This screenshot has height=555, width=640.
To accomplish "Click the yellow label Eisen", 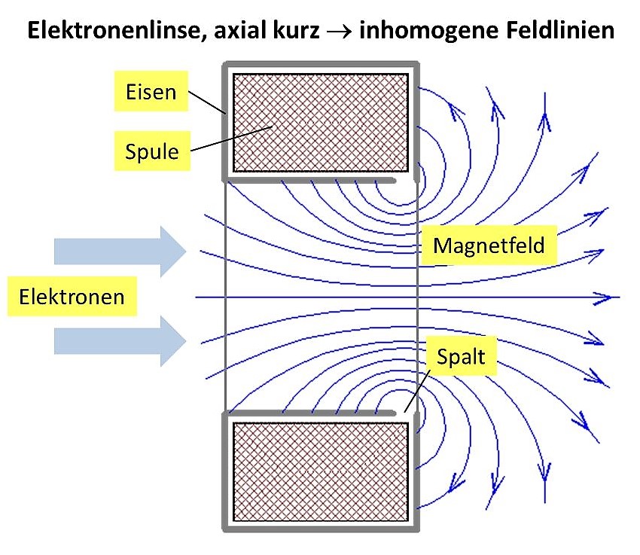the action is (151, 91).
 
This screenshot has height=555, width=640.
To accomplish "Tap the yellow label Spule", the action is (152, 151).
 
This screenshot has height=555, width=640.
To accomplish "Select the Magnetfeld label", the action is (489, 245).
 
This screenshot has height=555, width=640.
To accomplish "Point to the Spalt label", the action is (462, 356).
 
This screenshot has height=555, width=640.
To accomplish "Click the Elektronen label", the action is (72, 296).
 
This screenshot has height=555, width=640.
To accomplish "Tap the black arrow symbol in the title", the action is (339, 32).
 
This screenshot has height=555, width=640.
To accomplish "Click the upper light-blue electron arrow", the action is (120, 252).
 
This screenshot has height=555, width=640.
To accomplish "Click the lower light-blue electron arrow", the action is (120, 340).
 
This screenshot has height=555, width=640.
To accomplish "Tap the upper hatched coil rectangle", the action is (321, 123).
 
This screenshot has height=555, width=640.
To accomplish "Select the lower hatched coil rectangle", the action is (321, 471).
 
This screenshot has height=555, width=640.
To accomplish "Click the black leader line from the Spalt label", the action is (417, 391).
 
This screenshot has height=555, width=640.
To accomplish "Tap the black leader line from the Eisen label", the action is (206, 102).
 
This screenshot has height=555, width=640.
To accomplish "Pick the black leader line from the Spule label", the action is (231, 139).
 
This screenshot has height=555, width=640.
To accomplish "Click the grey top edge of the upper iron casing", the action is (321, 65).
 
